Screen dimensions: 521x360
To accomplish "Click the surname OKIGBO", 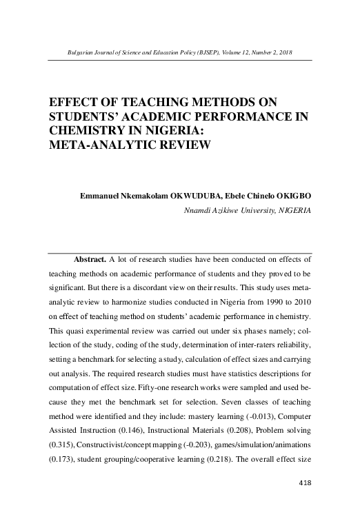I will point(294,196).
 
